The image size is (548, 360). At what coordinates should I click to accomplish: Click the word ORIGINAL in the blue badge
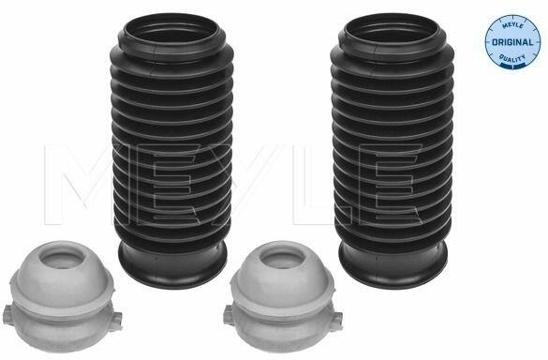(512, 42)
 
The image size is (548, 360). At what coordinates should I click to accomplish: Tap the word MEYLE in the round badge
(512, 26)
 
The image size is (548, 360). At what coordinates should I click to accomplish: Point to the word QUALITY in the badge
(512, 57)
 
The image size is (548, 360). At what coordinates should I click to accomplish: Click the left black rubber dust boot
(172, 150)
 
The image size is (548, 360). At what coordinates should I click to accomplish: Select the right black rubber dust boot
(392, 150)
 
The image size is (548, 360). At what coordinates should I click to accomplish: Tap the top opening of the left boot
(170, 31)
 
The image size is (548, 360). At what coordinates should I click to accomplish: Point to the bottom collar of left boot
(172, 266)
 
